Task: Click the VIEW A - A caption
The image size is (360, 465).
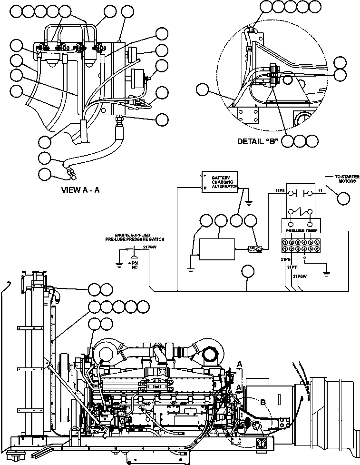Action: [80, 190]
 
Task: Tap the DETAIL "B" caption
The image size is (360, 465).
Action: [257, 141]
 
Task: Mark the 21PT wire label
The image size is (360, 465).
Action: [292, 268]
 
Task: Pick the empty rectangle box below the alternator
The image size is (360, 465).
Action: [216, 249]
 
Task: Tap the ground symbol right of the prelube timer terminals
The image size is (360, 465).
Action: [326, 274]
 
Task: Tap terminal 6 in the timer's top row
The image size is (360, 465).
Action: [316, 242]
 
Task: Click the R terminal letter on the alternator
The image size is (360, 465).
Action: [205, 188]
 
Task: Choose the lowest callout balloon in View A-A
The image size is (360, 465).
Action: [45, 174]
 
